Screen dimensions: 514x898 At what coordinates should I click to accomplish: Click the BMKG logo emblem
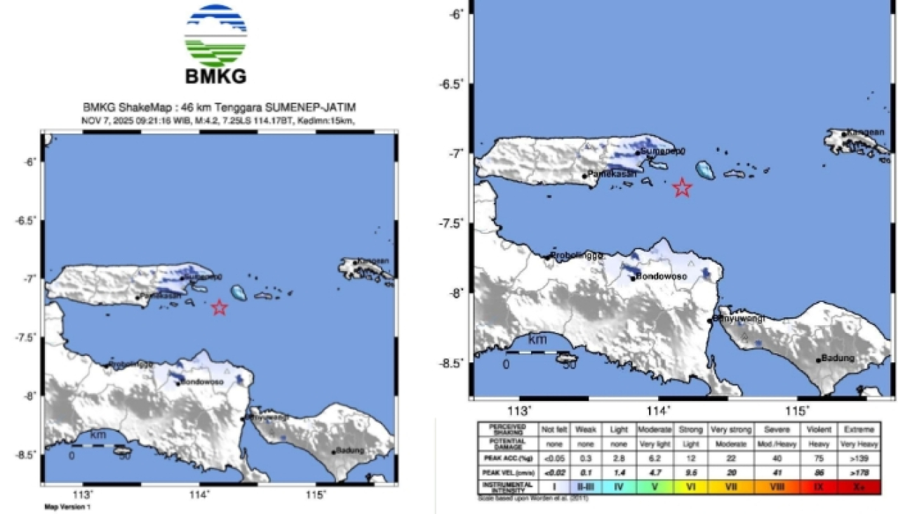point(215,35)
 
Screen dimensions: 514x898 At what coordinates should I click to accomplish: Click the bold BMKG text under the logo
point(215,77)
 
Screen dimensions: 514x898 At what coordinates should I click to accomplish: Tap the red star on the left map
point(220,307)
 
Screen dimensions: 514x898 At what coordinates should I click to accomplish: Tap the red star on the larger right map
point(682,187)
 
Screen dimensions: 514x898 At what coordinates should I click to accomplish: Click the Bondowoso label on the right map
point(662,277)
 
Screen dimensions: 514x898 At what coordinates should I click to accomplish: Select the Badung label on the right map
point(838,358)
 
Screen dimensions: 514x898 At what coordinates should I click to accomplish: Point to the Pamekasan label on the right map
point(612,173)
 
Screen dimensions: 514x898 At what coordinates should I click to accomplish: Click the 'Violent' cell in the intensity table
point(819,428)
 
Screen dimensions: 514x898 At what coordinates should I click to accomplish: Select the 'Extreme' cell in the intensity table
point(859,428)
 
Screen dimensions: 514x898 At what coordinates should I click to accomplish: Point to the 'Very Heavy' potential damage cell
point(859,444)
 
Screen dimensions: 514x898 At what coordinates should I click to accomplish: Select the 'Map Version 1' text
point(67,506)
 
